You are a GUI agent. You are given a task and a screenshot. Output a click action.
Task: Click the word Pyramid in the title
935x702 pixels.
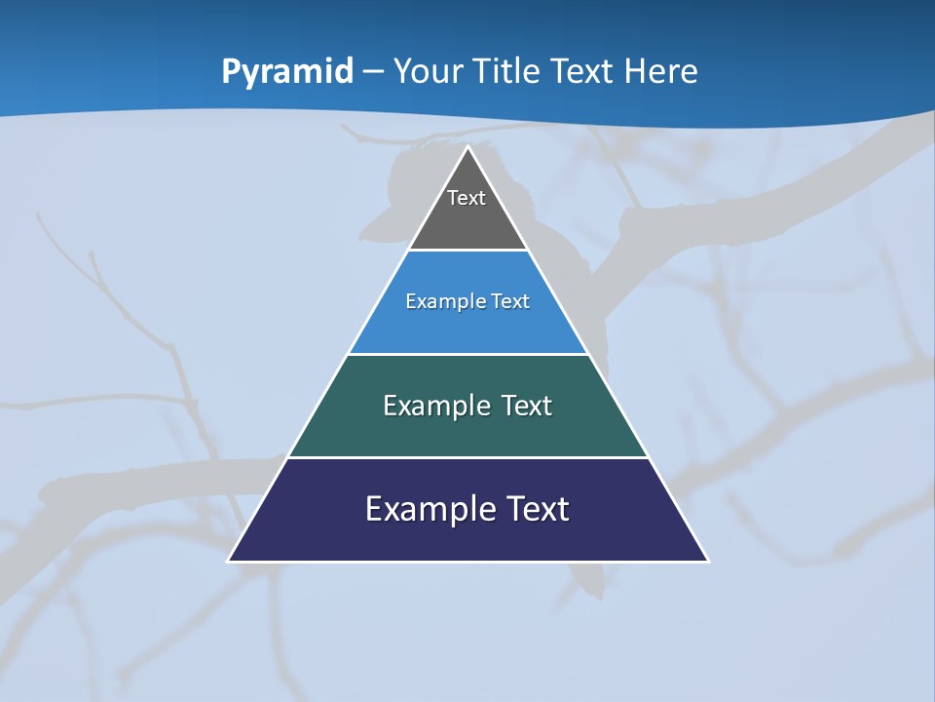click(x=287, y=71)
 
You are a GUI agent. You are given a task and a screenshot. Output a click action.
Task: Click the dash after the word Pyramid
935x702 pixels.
click(x=373, y=72)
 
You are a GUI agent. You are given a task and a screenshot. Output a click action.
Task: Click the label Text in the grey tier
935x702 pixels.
click(x=467, y=198)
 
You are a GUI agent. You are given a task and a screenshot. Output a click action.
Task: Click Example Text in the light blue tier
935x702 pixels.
click(x=467, y=301)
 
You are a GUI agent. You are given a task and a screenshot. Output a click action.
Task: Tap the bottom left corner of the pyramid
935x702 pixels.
click(x=229, y=561)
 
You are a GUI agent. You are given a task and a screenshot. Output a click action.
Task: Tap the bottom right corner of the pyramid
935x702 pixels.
click(x=708, y=561)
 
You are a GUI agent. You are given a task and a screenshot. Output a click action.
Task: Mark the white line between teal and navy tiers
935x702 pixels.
click(x=467, y=457)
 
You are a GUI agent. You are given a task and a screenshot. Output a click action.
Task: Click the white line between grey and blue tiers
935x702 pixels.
click(x=467, y=251)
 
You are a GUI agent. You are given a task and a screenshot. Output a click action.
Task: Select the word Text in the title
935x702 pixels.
click(x=583, y=71)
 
